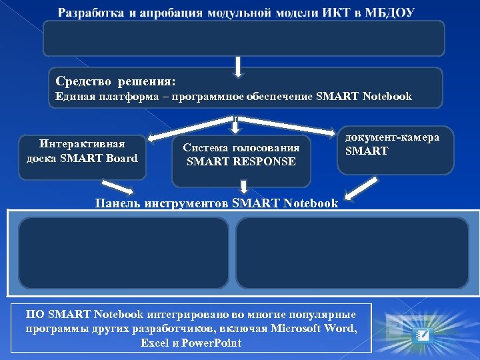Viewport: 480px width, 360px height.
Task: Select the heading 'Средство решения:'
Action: point(116,81)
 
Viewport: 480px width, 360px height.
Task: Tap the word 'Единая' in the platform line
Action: point(73,97)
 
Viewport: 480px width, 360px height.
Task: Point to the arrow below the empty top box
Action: point(238,65)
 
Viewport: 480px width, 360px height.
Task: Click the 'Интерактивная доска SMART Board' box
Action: point(82,151)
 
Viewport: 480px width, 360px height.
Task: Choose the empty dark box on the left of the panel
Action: point(123,252)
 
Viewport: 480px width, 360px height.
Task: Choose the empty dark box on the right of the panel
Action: point(352,252)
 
